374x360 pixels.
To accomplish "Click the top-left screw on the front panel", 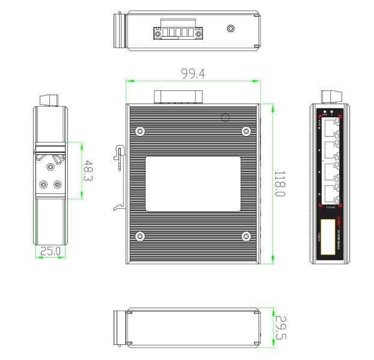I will click(140, 131).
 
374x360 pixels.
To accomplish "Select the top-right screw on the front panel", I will click(245, 131).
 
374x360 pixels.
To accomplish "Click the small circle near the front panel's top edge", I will click(226, 117).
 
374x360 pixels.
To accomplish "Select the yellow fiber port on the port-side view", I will click(328, 238).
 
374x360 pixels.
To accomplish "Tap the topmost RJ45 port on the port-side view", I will click(330, 128).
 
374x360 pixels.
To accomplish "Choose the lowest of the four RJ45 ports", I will click(330, 193).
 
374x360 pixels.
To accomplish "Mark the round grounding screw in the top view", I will click(230, 28).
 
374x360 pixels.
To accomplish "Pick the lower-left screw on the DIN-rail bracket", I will click(43, 185).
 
